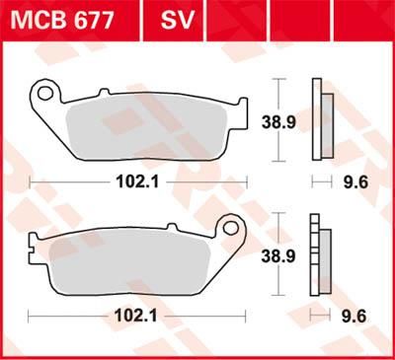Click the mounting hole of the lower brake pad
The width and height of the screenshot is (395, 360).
tap(233, 227)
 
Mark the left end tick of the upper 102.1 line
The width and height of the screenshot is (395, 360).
tap(30, 181)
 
